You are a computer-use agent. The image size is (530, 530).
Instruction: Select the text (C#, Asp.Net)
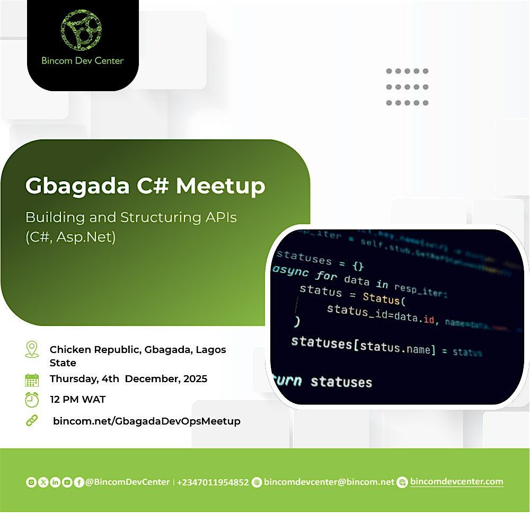pyautogui.click(x=70, y=237)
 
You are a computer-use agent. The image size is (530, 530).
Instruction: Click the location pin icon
pyautogui.click(x=32, y=349)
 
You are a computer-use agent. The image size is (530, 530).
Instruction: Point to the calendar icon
pyautogui.click(x=32, y=379)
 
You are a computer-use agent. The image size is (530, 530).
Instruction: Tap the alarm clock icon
pyautogui.click(x=32, y=400)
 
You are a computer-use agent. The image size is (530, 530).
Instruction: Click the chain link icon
pyautogui.click(x=32, y=421)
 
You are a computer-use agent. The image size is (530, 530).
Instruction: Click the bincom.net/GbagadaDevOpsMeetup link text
pyautogui.click(x=147, y=421)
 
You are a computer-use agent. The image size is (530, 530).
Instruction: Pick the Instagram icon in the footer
pyautogui.click(x=31, y=482)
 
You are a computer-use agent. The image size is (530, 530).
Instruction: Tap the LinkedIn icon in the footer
pyautogui.click(x=55, y=482)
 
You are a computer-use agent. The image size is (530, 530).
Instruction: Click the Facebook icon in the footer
pyautogui.click(x=79, y=482)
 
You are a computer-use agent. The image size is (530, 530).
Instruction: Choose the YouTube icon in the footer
pyautogui.click(x=67, y=482)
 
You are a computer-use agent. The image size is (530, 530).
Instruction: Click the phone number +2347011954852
pyautogui.click(x=213, y=482)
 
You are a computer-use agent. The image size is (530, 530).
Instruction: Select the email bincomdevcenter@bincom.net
pyautogui.click(x=329, y=482)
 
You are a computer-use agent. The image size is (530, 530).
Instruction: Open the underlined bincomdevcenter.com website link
pyautogui.click(x=456, y=482)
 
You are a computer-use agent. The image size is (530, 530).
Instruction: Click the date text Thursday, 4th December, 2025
pyautogui.click(x=128, y=379)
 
